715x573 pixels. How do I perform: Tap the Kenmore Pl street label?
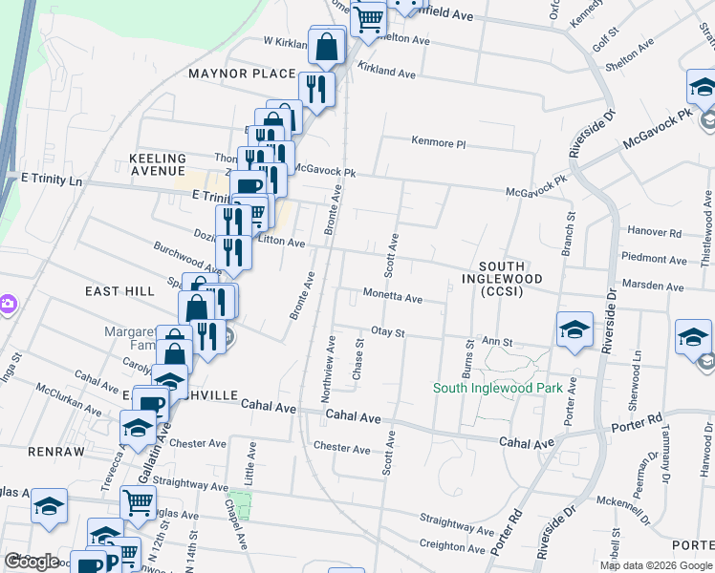(438, 142)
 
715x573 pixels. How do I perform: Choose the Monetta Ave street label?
(392, 298)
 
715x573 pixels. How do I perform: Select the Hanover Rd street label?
(655, 232)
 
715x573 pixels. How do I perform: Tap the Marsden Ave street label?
(653, 286)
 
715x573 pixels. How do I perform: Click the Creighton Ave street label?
(452, 547)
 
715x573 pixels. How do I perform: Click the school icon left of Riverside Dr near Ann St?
(574, 329)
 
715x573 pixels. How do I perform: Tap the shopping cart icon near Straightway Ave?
(138, 500)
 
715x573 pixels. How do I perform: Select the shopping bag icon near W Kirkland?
(327, 45)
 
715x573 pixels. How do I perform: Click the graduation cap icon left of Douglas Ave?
(49, 507)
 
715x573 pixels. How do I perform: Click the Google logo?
(31, 561)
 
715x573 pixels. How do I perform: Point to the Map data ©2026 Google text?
(655, 565)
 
